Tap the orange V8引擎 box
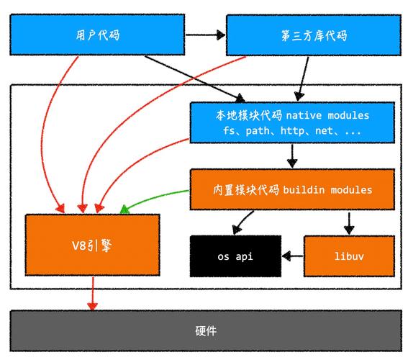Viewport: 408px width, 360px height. click(x=93, y=245)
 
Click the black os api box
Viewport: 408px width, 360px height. click(x=235, y=256)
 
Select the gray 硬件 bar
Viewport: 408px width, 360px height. click(x=204, y=331)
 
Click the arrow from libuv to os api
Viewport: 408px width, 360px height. click(x=292, y=256)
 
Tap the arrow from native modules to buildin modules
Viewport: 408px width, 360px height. click(x=291, y=156)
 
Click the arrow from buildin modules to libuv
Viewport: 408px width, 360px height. click(x=349, y=222)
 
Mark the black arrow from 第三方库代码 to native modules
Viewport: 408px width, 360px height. click(x=304, y=79)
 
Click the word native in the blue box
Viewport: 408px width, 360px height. click(x=305, y=116)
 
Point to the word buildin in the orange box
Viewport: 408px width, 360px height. click(x=304, y=190)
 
